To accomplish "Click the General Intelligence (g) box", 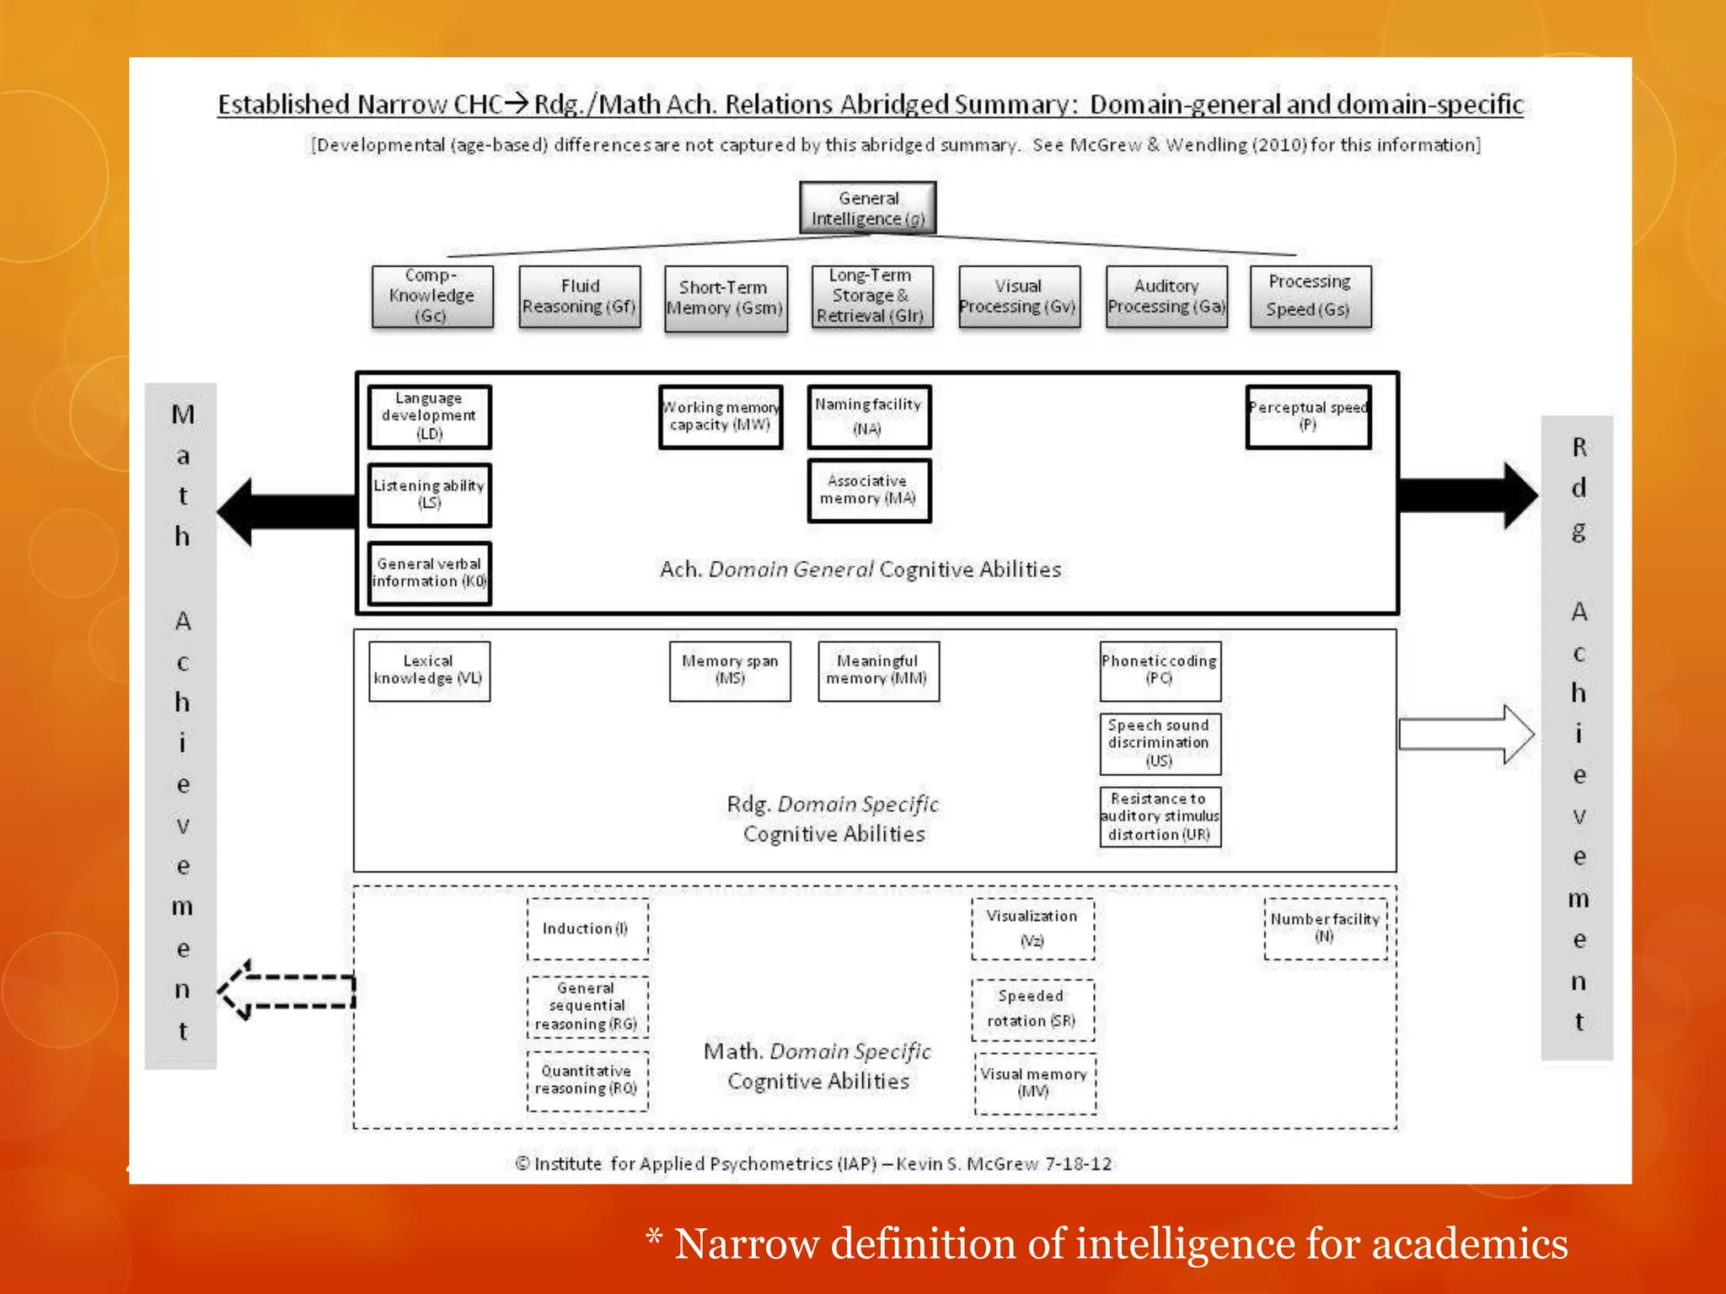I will [x=867, y=208].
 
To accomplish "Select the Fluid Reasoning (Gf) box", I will [x=580, y=297].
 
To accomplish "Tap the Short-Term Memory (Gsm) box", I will [x=726, y=298].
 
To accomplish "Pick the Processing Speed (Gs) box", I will [x=1310, y=297].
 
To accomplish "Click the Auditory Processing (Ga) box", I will [x=1166, y=297].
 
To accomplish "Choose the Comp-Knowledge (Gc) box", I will [x=431, y=297].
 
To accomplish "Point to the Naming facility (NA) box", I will [x=869, y=416].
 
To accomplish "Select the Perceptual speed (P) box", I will [x=1308, y=416].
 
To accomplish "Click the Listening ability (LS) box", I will [x=429, y=495].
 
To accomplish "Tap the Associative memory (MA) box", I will [x=869, y=490].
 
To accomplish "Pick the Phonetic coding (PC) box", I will [x=1160, y=671].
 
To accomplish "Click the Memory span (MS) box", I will [x=730, y=671].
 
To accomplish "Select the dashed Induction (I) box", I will [x=587, y=928].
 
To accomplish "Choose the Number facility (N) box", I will [x=1325, y=928].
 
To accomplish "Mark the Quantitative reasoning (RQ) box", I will [x=587, y=1080].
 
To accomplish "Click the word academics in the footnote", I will [x=1470, y=1243].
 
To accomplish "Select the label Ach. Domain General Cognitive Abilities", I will [x=860, y=569].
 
